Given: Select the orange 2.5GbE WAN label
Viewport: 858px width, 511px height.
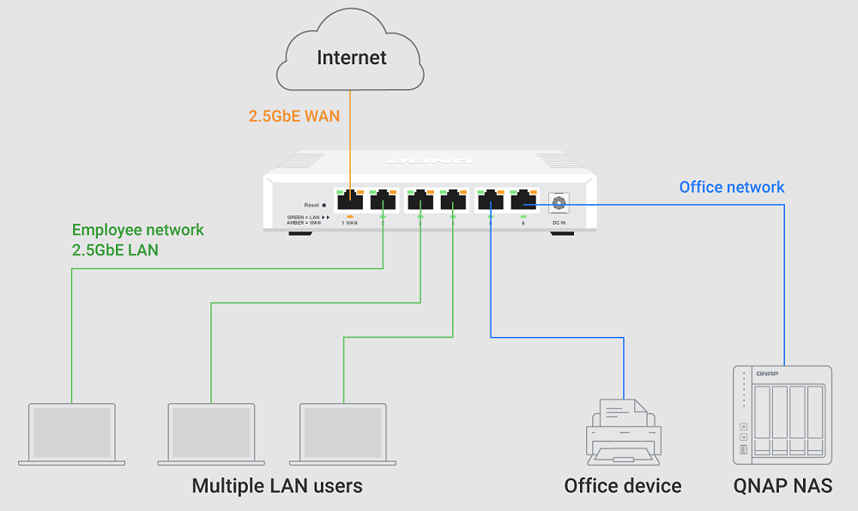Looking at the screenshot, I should (x=294, y=116).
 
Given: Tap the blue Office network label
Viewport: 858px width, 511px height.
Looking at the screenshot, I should (x=732, y=187).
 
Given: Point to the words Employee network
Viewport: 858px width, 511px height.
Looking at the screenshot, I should (x=138, y=230).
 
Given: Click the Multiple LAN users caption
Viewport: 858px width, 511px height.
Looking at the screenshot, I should (x=277, y=486).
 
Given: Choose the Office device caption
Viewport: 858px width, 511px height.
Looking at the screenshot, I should (x=623, y=486).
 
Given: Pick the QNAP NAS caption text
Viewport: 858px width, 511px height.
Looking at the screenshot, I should (x=782, y=486).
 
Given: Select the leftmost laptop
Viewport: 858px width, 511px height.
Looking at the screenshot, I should (x=71, y=434).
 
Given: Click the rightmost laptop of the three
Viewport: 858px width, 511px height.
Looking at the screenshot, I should (x=343, y=434).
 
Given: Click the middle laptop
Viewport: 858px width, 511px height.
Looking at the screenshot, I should (x=211, y=434).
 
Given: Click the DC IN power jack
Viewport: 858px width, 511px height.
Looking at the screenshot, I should (x=559, y=202).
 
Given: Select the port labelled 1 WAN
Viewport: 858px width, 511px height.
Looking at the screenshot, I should (x=350, y=201).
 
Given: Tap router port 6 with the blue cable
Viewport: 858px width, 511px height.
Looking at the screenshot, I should (x=523, y=201).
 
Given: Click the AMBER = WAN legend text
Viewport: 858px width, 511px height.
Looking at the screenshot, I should (x=305, y=223).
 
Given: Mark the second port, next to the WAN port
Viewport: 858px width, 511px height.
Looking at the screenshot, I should (x=383, y=201).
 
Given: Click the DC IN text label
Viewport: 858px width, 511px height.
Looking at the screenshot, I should (x=558, y=223).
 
